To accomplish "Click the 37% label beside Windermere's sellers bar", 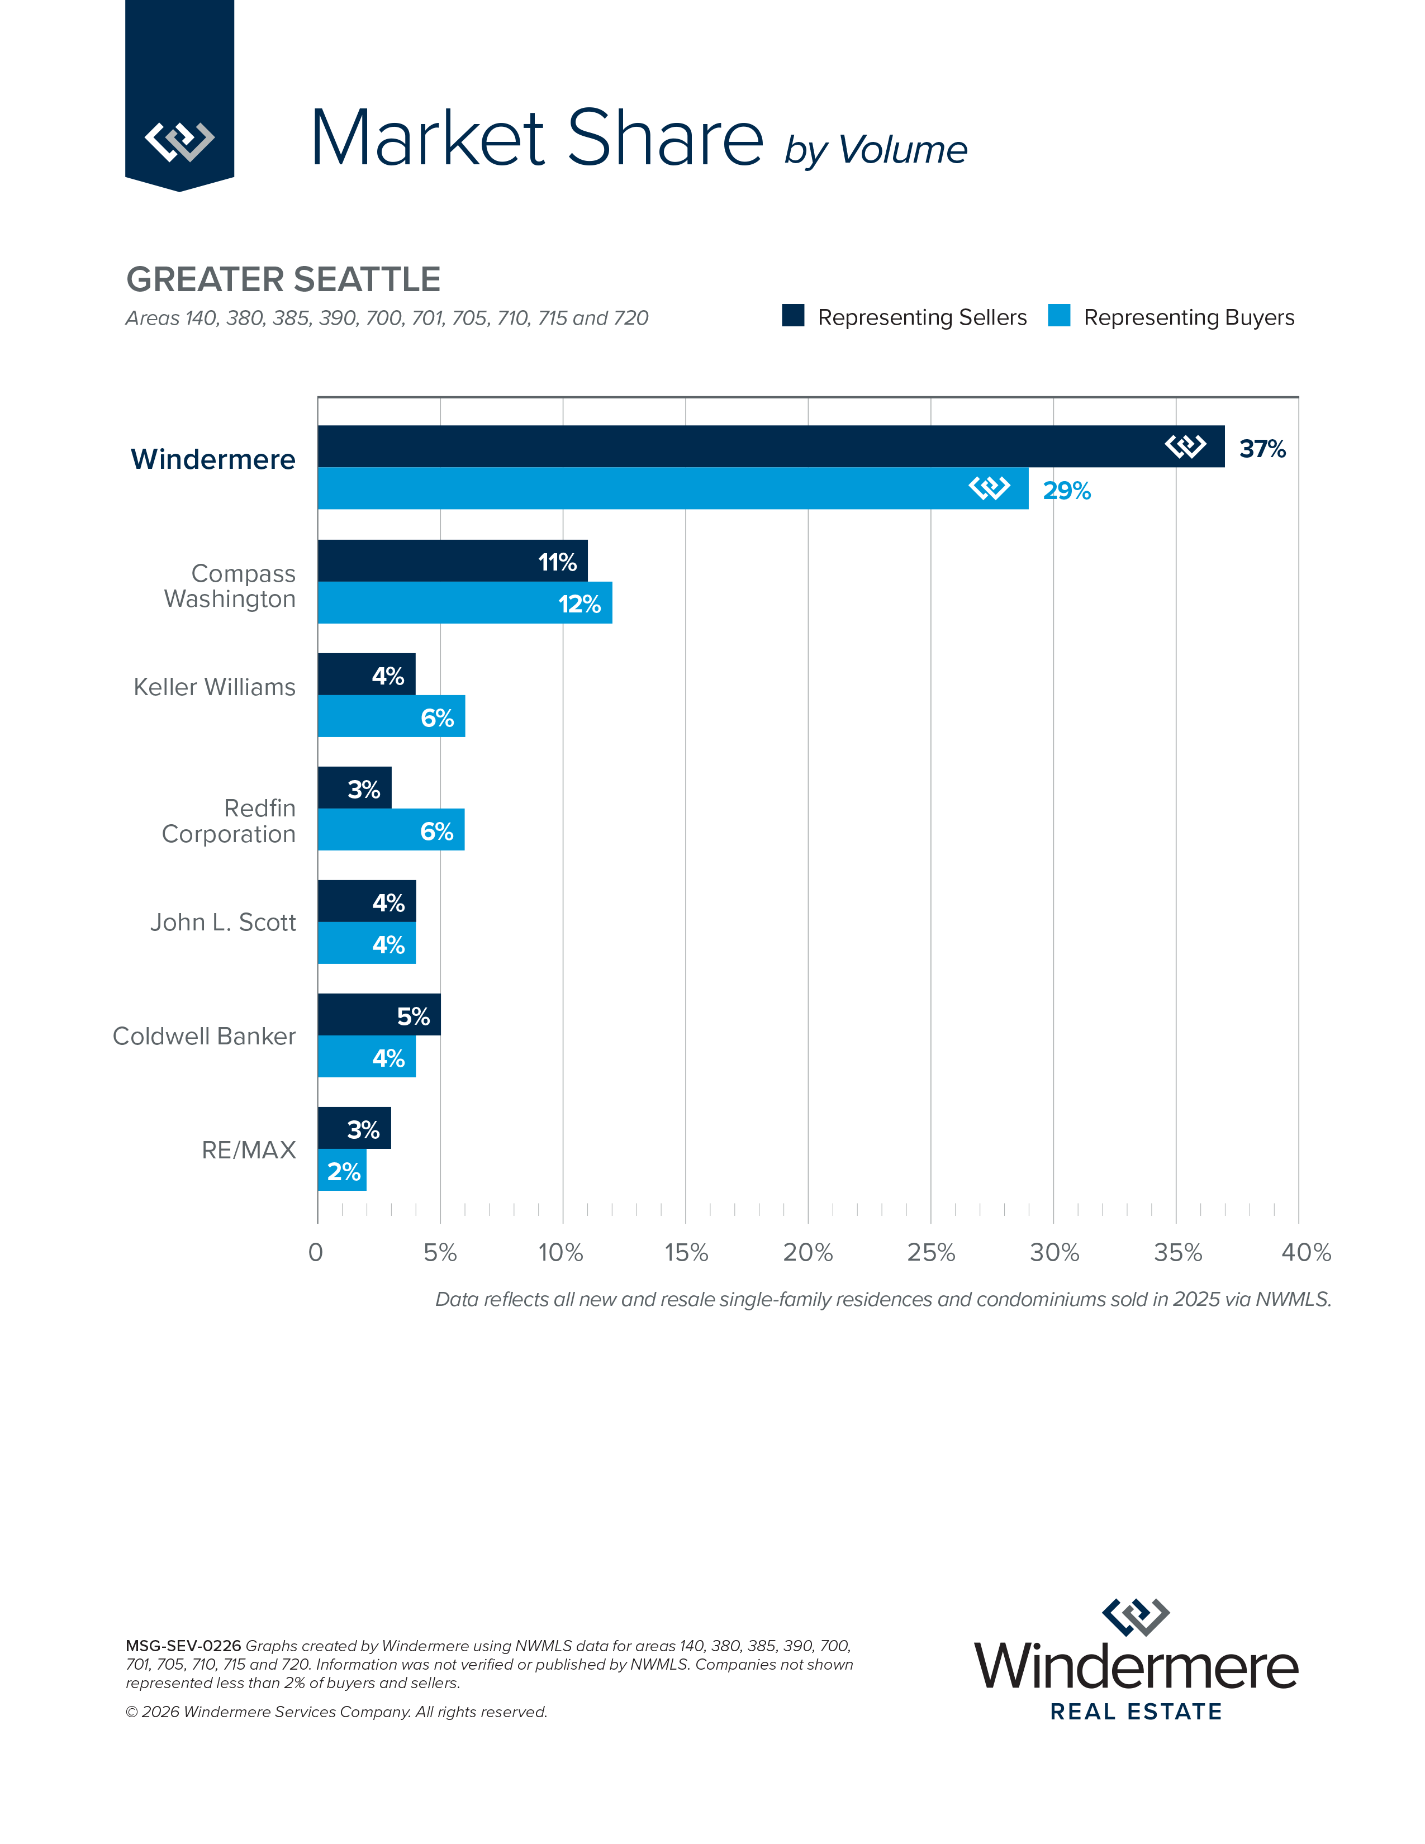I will coord(1261,448).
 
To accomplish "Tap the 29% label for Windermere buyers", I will coord(1066,491).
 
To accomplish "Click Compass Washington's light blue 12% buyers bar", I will coord(464,603).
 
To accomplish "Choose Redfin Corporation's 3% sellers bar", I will coord(354,788).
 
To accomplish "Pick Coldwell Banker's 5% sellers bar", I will coord(378,1015).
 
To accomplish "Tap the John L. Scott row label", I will coord(223,922).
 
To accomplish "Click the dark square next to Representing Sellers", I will coord(793,316).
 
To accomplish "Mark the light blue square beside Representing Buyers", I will coord(1058,316).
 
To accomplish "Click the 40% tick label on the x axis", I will coord(1305,1252).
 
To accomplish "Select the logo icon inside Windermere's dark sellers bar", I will coord(1185,446).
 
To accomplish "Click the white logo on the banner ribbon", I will coord(179,140).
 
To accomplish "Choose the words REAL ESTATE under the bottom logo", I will coord(1136,1712).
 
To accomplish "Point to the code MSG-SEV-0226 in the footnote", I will coord(183,1646).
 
